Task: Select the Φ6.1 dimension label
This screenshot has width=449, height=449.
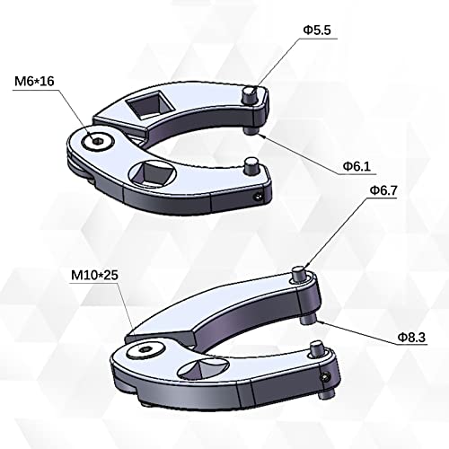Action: pos(357,167)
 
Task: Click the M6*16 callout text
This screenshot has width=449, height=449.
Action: pos(35,82)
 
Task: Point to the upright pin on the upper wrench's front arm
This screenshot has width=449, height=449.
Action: pos(251,167)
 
